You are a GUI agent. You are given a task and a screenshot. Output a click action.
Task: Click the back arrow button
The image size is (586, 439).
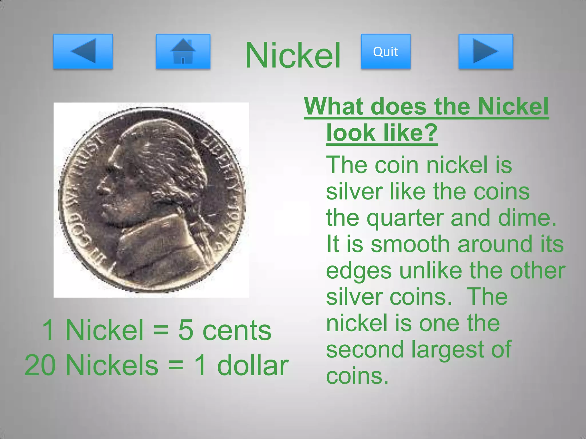coord(83,51)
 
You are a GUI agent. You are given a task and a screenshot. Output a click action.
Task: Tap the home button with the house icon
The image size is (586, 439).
coord(183,51)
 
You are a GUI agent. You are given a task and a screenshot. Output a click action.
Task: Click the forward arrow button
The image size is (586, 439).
coord(486,51)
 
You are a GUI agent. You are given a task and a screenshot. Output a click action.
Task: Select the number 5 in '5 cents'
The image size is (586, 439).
coord(185,330)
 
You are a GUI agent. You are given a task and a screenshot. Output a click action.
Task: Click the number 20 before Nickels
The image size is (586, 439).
coord(40,366)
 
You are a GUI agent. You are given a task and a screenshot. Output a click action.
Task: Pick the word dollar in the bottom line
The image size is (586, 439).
coord(253,366)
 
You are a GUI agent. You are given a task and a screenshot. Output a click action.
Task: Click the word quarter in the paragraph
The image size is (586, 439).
coord(406,218)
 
